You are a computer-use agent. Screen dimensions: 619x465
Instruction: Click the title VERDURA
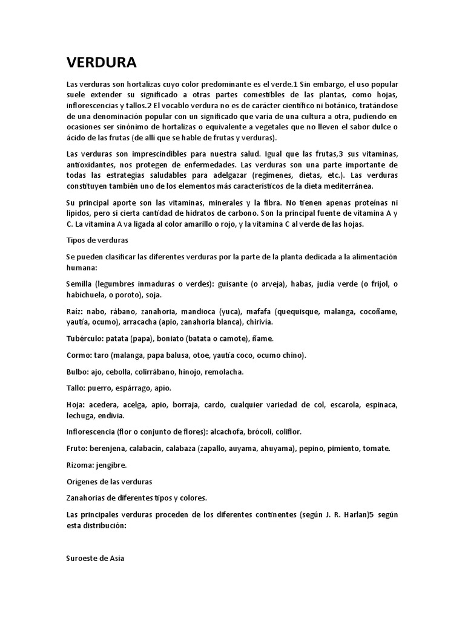click(x=101, y=63)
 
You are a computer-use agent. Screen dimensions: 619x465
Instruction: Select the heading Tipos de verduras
click(x=93, y=240)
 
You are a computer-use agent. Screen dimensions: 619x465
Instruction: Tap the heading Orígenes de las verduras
click(x=109, y=482)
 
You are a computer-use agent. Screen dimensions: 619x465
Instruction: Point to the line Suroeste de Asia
click(x=95, y=559)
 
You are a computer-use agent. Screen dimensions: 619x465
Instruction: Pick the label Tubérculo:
click(x=87, y=339)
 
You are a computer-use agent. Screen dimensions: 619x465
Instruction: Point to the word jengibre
click(x=114, y=465)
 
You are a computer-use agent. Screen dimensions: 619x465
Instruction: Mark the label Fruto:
click(x=77, y=449)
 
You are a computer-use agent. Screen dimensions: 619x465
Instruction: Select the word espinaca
click(x=381, y=404)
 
